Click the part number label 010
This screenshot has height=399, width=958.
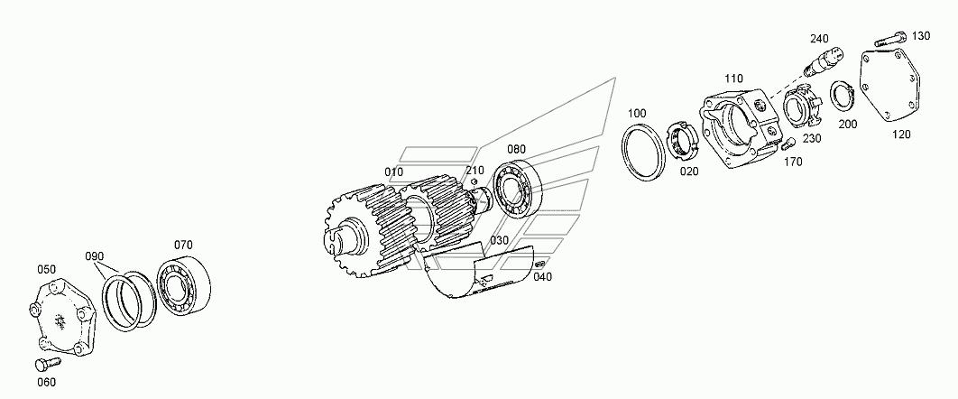394,172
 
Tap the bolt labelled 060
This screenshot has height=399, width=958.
45,364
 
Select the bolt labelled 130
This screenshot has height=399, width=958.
890,41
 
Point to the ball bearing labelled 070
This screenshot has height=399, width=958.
183,288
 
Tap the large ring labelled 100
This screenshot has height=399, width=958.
643,153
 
